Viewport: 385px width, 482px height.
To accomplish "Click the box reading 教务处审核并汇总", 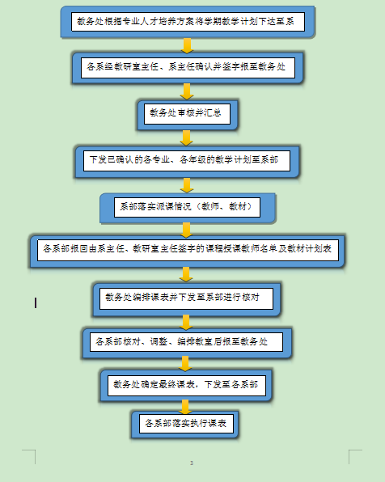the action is pyautogui.click(x=188, y=115).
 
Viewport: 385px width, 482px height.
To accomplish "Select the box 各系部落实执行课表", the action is pyautogui.click(x=185, y=425).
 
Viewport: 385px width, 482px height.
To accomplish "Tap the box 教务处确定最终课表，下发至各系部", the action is pyautogui.click(x=186, y=386).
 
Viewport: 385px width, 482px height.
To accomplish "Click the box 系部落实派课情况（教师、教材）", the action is pyautogui.click(x=188, y=208).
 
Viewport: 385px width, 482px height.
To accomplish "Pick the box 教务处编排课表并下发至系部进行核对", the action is pyautogui.click(x=186, y=299).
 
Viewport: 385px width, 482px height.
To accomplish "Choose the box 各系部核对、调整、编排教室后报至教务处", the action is pyautogui.click(x=187, y=343).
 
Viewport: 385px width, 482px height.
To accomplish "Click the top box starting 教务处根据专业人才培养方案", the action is pyautogui.click(x=188, y=22).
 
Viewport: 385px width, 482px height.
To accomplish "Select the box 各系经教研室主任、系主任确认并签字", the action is pyautogui.click(x=188, y=68).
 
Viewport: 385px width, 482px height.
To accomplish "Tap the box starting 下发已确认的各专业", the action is pyautogui.click(x=187, y=162).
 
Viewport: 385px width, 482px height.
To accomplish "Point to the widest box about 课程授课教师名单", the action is pyautogui.click(x=188, y=251).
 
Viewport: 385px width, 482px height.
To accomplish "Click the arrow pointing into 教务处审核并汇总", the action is pyautogui.click(x=187, y=91).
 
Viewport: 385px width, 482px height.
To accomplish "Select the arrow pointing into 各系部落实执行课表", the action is pyautogui.click(x=185, y=407).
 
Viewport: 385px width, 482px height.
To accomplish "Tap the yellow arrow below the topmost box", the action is pyautogui.click(x=187, y=45).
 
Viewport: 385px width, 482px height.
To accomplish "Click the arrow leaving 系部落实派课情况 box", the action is pyautogui.click(x=186, y=230).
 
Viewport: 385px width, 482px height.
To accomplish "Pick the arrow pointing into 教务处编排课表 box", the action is pyautogui.click(x=186, y=274).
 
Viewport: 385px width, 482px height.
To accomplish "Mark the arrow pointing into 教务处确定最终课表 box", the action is pyautogui.click(x=185, y=364).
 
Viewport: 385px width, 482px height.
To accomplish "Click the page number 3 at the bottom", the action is pyautogui.click(x=192, y=463).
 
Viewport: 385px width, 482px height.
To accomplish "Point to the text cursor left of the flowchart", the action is pyautogui.click(x=36, y=302).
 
